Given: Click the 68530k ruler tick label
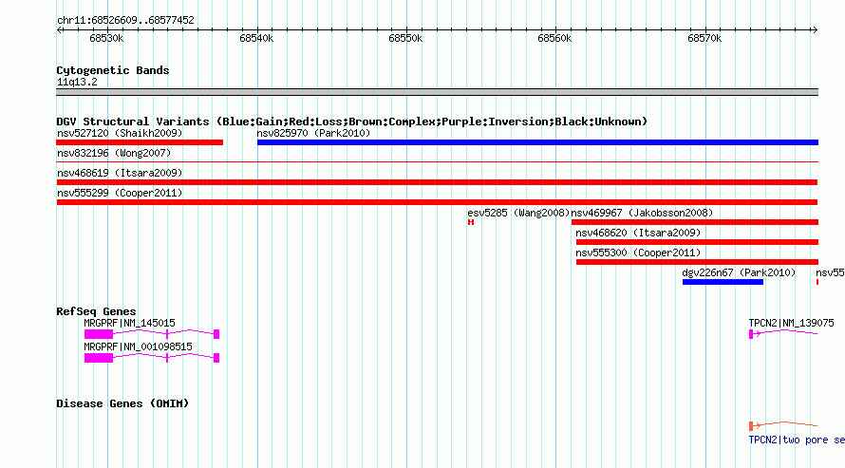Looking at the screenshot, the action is tap(106, 39).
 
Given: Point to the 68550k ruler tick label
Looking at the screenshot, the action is tap(405, 39).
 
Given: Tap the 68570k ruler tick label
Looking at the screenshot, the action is tap(704, 39).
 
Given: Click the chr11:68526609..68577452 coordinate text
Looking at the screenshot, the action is tap(125, 21).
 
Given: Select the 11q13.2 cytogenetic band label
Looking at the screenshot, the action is tap(77, 82).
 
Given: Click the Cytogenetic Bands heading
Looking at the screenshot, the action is tap(113, 70).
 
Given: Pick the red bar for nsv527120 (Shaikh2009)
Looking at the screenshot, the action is tap(140, 142).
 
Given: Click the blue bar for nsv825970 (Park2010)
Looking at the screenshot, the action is tap(537, 142).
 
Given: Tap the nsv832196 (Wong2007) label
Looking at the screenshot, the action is tap(114, 154).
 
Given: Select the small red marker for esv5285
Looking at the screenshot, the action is tap(471, 222).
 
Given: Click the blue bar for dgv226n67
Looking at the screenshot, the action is tap(723, 282).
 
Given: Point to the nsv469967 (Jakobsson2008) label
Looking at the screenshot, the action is tap(642, 214).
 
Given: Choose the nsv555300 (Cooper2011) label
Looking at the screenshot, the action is tap(638, 253).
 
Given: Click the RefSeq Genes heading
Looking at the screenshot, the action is tap(96, 311).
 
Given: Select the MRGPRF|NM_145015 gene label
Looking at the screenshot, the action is tap(129, 323).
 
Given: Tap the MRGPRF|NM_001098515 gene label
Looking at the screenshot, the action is tap(138, 346).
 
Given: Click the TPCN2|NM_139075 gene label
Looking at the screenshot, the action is tap(791, 323).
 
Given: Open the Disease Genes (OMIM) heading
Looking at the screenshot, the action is tap(122, 403).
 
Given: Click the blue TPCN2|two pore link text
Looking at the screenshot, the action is tap(797, 440).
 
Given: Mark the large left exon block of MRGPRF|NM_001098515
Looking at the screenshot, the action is tap(99, 358).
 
